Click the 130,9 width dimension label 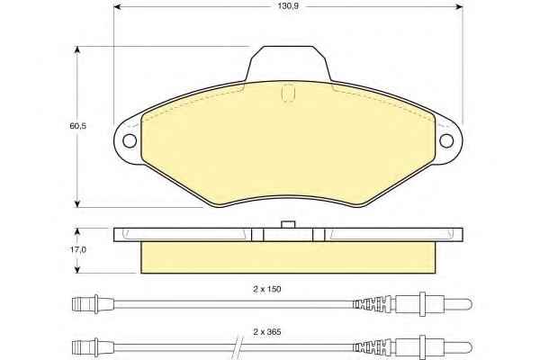click(288, 6)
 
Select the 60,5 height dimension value click(77, 126)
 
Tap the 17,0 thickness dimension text click(78, 250)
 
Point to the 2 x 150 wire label click(267, 289)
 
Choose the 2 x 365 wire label click(267, 332)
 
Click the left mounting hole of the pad click(130, 141)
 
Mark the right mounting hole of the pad click(446, 141)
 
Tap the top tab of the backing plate click(288, 64)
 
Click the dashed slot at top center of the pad click(288, 93)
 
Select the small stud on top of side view click(288, 225)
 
